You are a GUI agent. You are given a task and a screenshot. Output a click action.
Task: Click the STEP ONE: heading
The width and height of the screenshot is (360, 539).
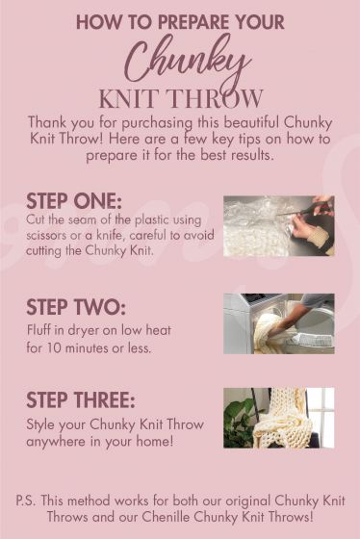(x=74, y=201)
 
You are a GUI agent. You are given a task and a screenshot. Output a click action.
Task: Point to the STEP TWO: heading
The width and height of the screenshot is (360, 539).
(x=75, y=307)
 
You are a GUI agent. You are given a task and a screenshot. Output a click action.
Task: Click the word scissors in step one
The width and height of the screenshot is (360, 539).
(x=52, y=237)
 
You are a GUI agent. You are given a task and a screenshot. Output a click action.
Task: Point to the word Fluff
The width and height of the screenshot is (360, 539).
(x=43, y=330)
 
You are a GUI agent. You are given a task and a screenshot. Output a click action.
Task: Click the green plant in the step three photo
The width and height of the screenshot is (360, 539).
(x=238, y=423)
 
